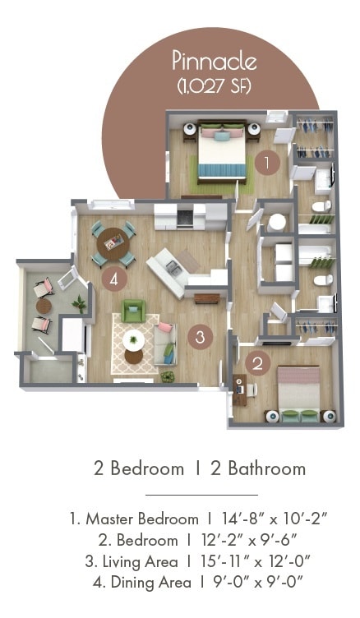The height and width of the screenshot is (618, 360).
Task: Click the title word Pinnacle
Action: pyautogui.click(x=215, y=60)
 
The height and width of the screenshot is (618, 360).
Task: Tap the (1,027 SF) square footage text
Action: pyautogui.click(x=215, y=85)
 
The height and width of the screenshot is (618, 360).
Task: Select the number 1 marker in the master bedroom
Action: pyautogui.click(x=265, y=163)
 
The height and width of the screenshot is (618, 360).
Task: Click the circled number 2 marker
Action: pyautogui.click(x=258, y=363)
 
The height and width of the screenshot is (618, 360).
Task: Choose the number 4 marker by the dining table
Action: pyautogui.click(x=115, y=279)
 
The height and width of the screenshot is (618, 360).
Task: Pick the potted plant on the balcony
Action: pyautogui.click(x=80, y=303)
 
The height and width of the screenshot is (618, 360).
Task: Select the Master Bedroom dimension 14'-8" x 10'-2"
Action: pyautogui.click(x=275, y=519)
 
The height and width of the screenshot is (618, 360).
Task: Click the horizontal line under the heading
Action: pyautogui.click(x=201, y=495)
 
